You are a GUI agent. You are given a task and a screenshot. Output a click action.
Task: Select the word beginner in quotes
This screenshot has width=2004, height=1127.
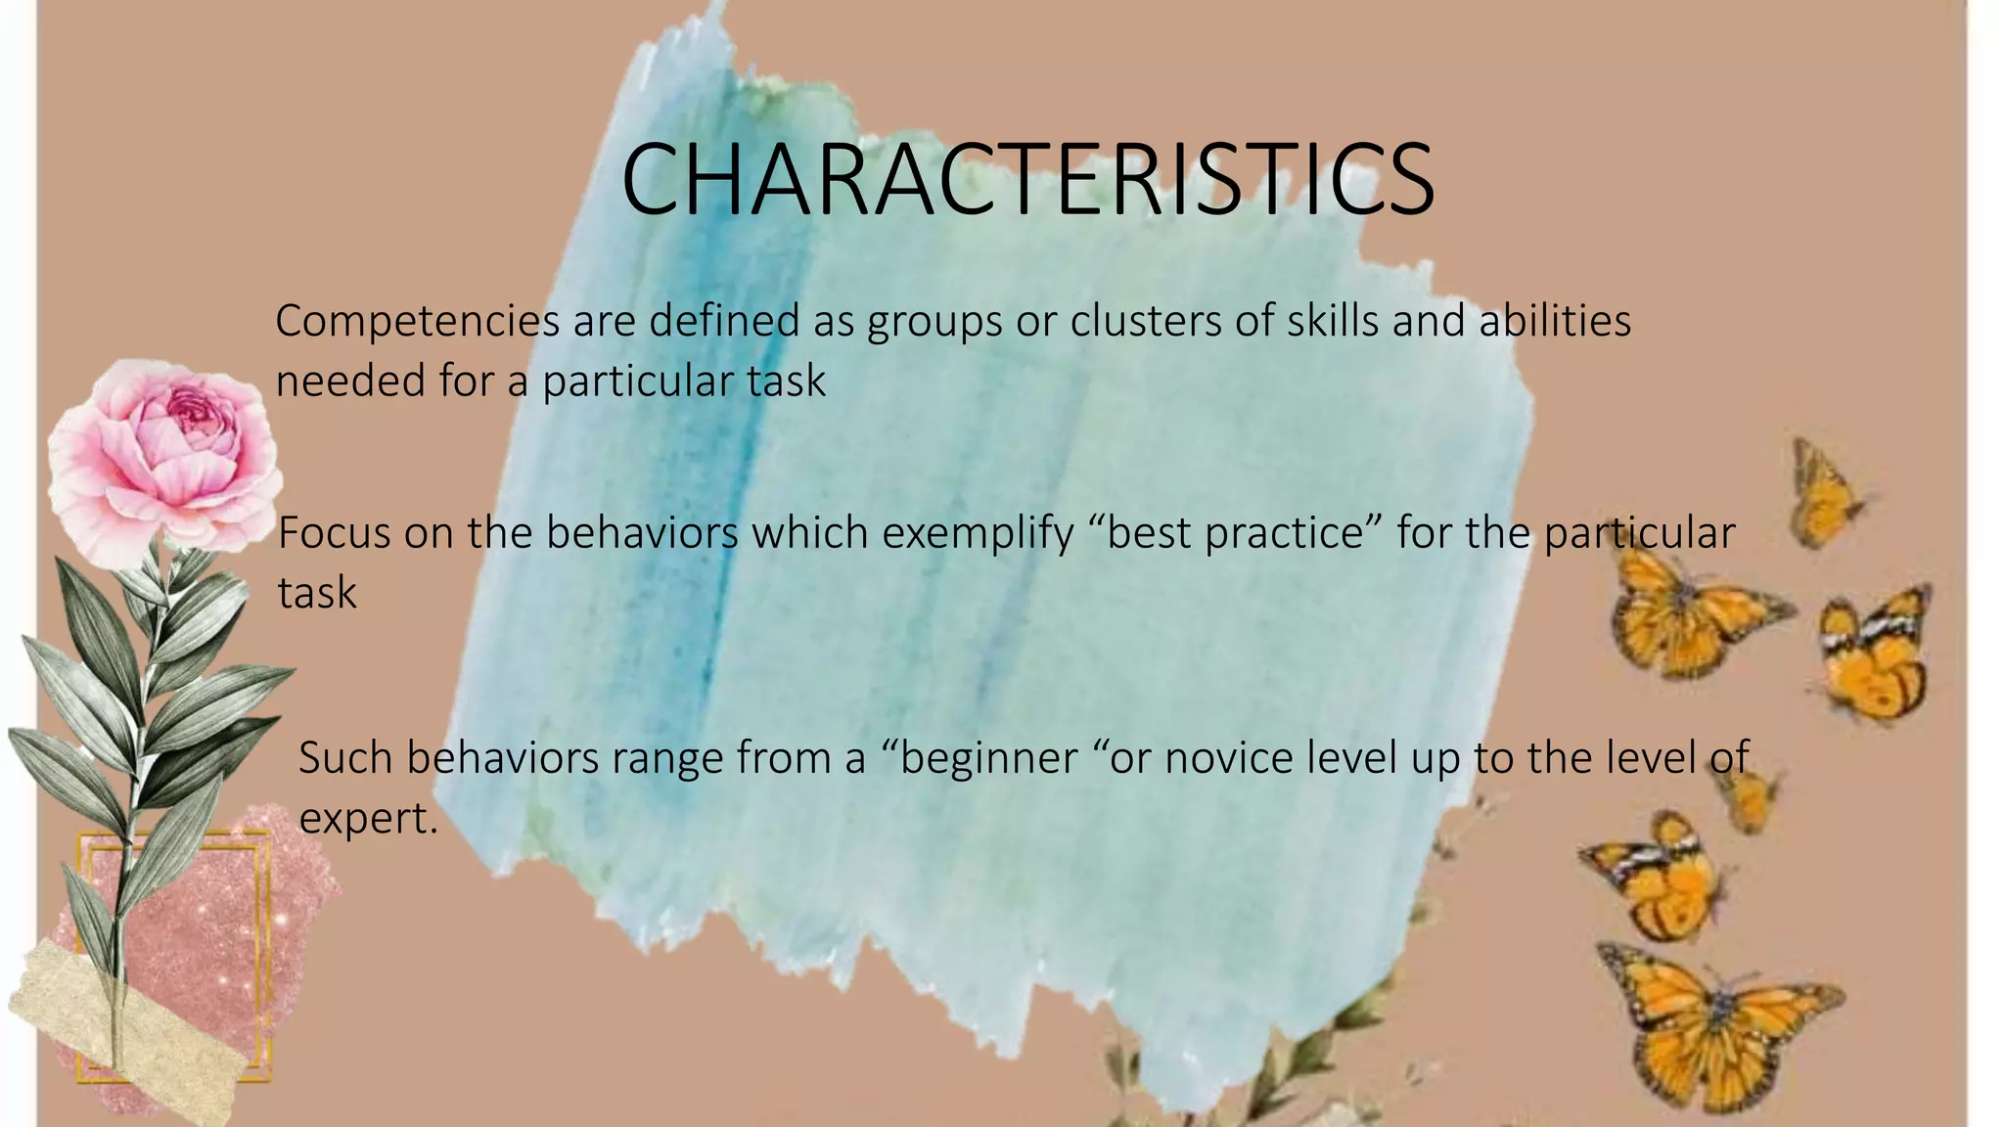[x=988, y=759]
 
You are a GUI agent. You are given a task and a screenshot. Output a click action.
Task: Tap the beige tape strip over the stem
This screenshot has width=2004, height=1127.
[x=127, y=1027]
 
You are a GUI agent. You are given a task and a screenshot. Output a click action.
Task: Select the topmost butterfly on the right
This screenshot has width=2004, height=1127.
[x=1825, y=494]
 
